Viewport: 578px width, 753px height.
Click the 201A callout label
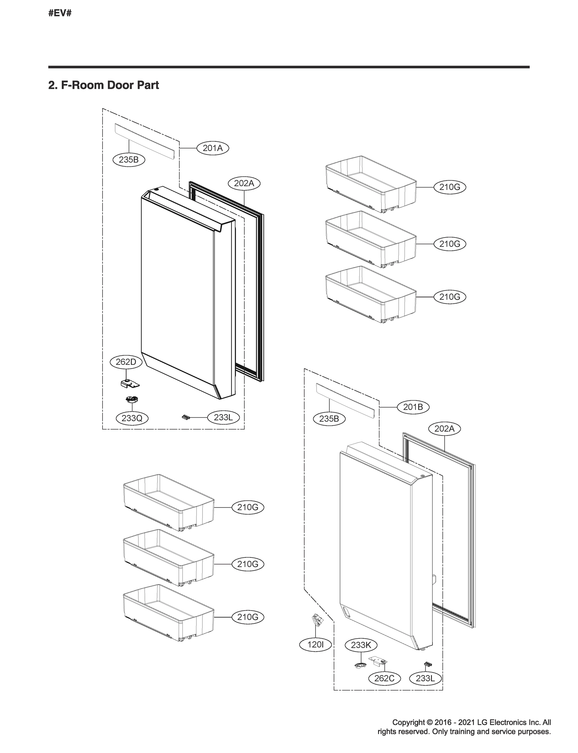tap(212, 148)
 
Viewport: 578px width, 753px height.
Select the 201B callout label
tap(413, 407)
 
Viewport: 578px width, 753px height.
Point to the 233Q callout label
tap(132, 418)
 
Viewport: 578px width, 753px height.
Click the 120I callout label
tap(315, 644)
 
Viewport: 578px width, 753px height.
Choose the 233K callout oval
tap(361, 645)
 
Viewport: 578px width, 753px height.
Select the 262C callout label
tap(384, 678)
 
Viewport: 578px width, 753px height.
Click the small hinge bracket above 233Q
tap(130, 383)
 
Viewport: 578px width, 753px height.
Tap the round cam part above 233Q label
tap(131, 399)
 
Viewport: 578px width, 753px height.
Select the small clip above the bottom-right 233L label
tap(428, 664)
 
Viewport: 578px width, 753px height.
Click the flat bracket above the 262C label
tap(379, 660)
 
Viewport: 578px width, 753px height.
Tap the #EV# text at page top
tap(60, 13)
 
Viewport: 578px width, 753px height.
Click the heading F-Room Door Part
tap(103, 85)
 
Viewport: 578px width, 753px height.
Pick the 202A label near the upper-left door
tap(244, 184)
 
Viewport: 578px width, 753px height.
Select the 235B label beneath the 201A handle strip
tap(129, 160)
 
